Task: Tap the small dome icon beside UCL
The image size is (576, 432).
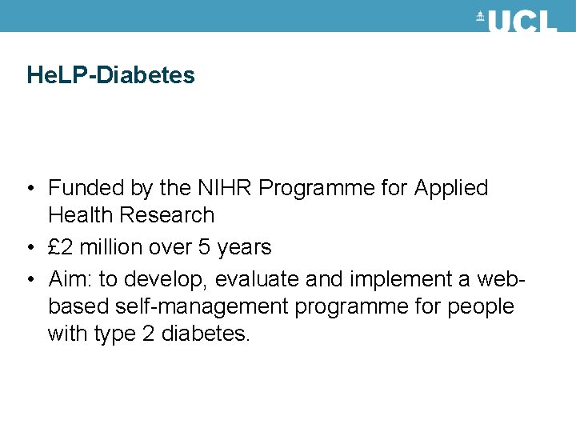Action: [x=481, y=18]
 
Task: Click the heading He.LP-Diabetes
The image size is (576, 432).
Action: [x=110, y=75]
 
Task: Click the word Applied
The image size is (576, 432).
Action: [x=450, y=188]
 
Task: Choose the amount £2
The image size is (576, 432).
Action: [x=58, y=247]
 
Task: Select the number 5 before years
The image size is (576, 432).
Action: [x=204, y=247]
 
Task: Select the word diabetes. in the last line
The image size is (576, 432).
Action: [x=206, y=333]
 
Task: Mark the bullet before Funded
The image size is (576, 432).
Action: [x=29, y=189]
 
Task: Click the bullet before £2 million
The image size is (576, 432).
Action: [x=29, y=248]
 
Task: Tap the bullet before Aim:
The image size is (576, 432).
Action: [x=29, y=280]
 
